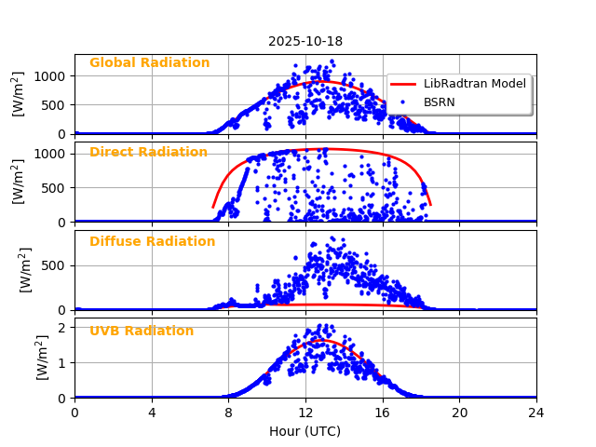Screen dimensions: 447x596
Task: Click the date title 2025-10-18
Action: [305, 41]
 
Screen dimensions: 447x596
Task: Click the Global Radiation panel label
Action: [149, 63]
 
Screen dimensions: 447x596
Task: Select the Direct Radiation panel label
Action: [148, 153]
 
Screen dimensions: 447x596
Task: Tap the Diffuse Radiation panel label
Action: [152, 242]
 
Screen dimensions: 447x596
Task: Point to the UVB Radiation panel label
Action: [142, 332]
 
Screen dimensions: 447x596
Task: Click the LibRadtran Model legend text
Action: [475, 84]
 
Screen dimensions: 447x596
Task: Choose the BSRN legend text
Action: [440, 102]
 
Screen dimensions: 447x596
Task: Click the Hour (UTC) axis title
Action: [305, 431]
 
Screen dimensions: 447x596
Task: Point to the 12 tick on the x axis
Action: [305, 413]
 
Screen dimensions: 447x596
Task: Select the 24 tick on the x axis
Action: [536, 413]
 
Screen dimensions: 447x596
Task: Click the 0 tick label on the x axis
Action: [74, 413]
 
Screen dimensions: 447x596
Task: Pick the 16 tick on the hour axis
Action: [383, 413]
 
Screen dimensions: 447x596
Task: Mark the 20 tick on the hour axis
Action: [460, 413]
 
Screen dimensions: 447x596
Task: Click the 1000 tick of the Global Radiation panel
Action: [52, 75]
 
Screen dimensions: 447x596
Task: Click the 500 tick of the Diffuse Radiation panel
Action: [57, 265]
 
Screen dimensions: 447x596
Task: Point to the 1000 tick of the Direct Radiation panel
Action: [52, 154]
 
